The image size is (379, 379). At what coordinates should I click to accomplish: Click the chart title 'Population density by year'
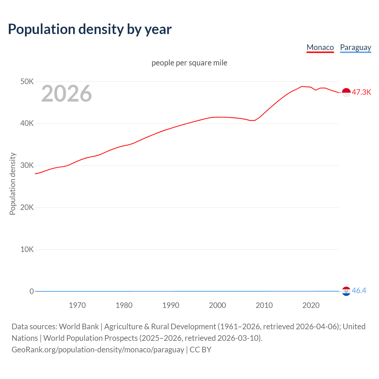(x=90, y=29)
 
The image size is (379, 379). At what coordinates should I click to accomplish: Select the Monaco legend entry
(x=320, y=47)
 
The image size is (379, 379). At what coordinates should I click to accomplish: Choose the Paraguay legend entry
(x=355, y=47)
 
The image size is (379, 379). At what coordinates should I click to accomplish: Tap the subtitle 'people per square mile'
(x=189, y=63)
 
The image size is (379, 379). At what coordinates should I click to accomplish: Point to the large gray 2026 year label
(x=67, y=94)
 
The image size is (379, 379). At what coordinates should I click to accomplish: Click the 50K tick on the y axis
(x=27, y=81)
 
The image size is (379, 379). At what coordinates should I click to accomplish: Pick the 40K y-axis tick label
(x=27, y=123)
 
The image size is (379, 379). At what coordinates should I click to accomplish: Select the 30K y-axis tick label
(x=27, y=166)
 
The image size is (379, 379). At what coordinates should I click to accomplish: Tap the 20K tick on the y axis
(x=27, y=207)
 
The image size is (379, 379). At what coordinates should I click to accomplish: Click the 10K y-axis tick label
(x=27, y=249)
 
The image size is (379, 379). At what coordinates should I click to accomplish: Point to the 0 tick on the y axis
(x=31, y=291)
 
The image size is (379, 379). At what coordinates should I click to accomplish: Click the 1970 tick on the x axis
(x=77, y=305)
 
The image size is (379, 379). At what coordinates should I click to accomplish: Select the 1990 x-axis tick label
(x=171, y=305)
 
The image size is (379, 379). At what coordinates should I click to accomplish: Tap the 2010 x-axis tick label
(x=264, y=305)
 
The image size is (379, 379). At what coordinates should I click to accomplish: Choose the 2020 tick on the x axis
(x=311, y=305)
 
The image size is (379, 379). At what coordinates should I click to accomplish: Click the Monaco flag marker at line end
(x=346, y=92)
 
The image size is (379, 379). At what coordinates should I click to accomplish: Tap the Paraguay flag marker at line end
(x=346, y=291)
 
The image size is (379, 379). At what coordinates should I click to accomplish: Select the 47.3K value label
(x=361, y=92)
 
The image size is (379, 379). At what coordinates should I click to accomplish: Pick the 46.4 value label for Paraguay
(x=359, y=291)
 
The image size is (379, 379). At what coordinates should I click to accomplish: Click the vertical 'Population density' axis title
(x=12, y=184)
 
